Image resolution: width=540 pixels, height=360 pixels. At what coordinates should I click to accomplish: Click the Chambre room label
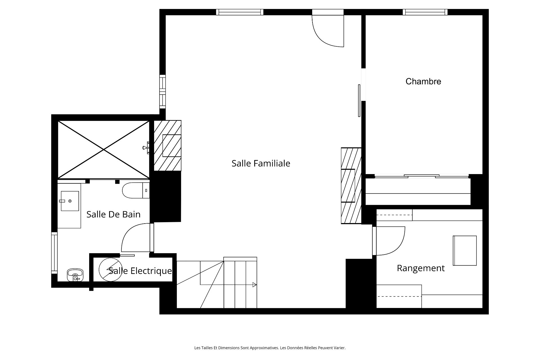pos(423,82)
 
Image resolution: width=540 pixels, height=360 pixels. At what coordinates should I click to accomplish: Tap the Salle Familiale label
pos(261,163)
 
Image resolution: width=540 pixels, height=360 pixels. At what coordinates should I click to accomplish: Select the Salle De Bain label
pos(113,214)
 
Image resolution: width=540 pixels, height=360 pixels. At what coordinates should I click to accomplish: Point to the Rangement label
pos(421,268)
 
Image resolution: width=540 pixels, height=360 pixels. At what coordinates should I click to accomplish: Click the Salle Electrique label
pos(140,271)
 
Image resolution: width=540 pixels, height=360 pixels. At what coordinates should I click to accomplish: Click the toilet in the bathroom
pos(136,190)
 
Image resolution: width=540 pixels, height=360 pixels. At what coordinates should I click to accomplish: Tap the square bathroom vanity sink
pos(70,201)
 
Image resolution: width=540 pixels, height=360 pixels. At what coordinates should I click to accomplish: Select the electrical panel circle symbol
pos(110,269)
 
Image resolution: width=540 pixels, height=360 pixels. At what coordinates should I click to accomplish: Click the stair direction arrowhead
pos(255,285)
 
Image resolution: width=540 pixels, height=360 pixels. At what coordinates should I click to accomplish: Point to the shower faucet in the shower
pos(146,148)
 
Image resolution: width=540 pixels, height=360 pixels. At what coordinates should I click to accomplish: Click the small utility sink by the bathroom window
pos(75,275)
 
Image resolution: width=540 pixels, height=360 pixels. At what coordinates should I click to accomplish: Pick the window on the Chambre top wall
pos(425,12)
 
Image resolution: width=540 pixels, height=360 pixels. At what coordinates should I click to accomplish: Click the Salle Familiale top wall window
pos(240,12)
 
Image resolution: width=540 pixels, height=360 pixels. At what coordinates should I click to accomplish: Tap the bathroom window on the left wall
pos(54,253)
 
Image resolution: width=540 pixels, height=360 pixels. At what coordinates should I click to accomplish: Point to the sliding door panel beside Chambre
pos(359,100)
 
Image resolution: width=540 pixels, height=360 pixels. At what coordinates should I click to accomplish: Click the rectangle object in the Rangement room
pos(465,251)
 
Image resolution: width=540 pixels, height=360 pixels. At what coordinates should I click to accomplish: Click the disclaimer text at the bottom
pos(270,348)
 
